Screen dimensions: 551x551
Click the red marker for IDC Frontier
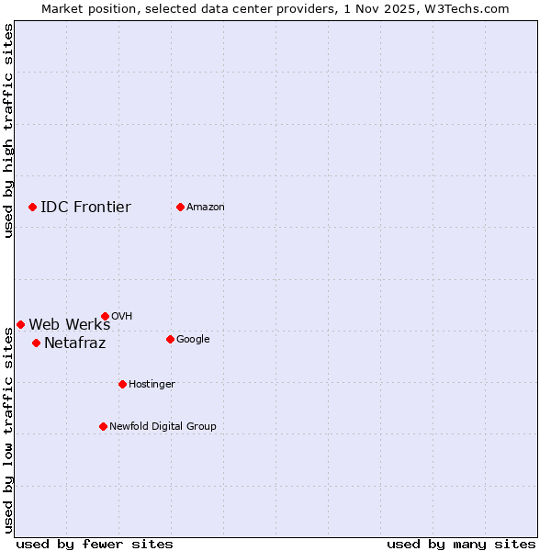(32, 207)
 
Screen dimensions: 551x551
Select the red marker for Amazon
(180, 207)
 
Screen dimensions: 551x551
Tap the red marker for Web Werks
(20, 324)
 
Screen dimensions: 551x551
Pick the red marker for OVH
(105, 316)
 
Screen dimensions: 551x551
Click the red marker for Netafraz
(36, 343)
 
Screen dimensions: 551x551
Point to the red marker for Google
(170, 339)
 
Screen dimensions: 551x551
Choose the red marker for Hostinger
(122, 384)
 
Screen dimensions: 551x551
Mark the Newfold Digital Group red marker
(103, 426)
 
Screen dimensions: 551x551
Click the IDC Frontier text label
(85, 207)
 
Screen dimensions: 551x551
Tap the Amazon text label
(206, 207)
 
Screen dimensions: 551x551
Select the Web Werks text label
(69, 324)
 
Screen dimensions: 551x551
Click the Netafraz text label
(74, 343)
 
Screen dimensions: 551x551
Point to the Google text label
(193, 339)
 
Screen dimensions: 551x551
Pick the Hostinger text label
(152, 384)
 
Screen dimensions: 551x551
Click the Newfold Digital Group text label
(163, 426)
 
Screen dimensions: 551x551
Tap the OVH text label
(121, 316)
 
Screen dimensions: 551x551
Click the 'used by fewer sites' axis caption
(95, 544)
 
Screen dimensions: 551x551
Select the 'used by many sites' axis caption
(461, 544)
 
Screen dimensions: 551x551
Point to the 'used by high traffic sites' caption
(8, 130)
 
